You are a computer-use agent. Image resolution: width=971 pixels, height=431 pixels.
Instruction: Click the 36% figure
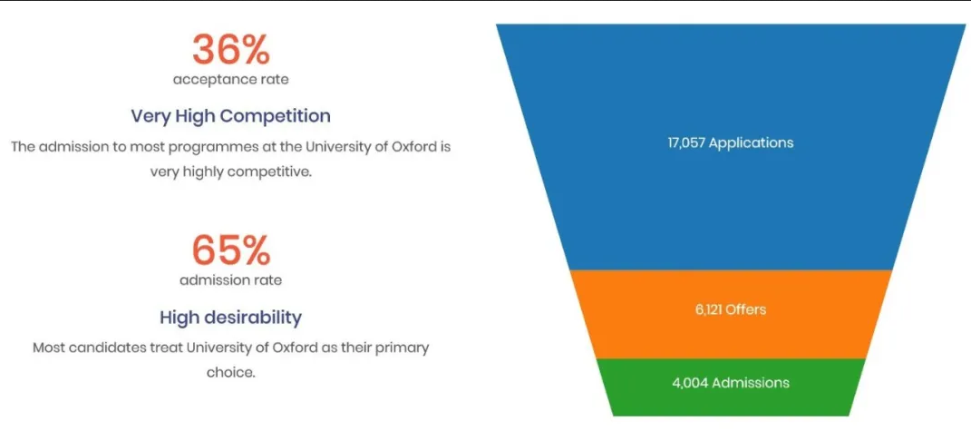[230, 49]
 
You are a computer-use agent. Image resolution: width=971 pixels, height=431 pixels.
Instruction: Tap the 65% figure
[230, 250]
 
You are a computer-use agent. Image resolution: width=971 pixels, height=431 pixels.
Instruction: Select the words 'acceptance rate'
[230, 80]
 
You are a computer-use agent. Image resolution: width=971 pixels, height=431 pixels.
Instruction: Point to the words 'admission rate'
[230, 280]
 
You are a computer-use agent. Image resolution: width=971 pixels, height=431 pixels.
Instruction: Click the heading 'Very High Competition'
[230, 116]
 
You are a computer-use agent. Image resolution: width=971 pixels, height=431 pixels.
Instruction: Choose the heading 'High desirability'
[230, 318]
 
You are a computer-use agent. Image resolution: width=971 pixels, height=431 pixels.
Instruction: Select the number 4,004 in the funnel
[690, 383]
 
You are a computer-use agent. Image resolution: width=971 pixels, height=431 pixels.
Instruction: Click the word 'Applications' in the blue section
[752, 142]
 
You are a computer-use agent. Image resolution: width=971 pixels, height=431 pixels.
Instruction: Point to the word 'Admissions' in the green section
[751, 383]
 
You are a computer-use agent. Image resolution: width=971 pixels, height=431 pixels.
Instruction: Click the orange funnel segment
[731, 315]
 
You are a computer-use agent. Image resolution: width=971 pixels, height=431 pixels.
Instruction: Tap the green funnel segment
[731, 387]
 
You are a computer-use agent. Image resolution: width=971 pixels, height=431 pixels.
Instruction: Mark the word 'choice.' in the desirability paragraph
[230, 373]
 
